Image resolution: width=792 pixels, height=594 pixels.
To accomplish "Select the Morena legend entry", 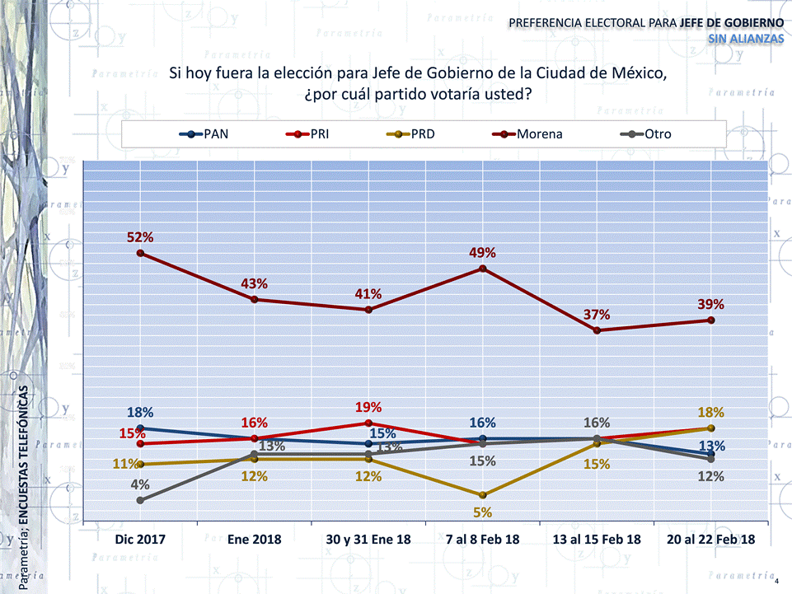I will pyautogui.click(x=527, y=133).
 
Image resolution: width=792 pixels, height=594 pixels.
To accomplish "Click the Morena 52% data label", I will pyautogui.click(x=140, y=237).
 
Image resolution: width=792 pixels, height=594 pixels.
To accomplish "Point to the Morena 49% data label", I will pyautogui.click(x=482, y=253).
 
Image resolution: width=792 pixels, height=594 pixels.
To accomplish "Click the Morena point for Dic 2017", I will pyautogui.click(x=140, y=253).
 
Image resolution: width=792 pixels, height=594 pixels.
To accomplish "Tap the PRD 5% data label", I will pyautogui.click(x=482, y=512).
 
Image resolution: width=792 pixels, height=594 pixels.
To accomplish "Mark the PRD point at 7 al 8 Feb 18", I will pyautogui.click(x=482, y=495).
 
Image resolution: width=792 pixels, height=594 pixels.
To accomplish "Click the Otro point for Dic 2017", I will pyautogui.click(x=140, y=500).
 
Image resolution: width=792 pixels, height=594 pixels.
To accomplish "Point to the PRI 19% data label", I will pyautogui.click(x=368, y=407).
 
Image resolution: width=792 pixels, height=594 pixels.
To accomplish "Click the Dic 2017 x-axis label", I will pyautogui.click(x=140, y=540).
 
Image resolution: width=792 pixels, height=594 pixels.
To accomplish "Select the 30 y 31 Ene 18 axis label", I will pyautogui.click(x=368, y=540).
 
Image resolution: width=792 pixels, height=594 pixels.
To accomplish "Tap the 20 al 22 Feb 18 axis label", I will pyautogui.click(x=710, y=540).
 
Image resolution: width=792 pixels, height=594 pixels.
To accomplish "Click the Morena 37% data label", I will pyautogui.click(x=597, y=315).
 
